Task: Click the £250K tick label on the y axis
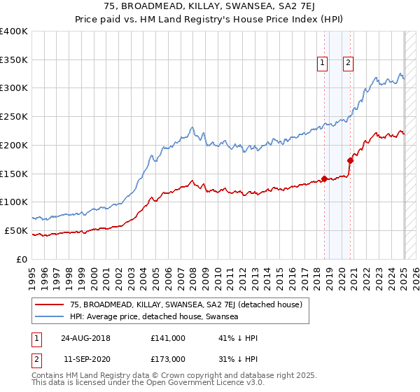coord(14,116)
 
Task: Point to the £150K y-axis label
coord(14,173)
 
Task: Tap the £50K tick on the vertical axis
coord(16,230)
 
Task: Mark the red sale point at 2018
coord(324,178)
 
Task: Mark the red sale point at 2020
coord(351,160)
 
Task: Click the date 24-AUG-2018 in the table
coord(85,338)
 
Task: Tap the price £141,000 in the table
coord(168,338)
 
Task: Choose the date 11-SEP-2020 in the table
coord(85,359)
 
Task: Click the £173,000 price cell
coord(168,359)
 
